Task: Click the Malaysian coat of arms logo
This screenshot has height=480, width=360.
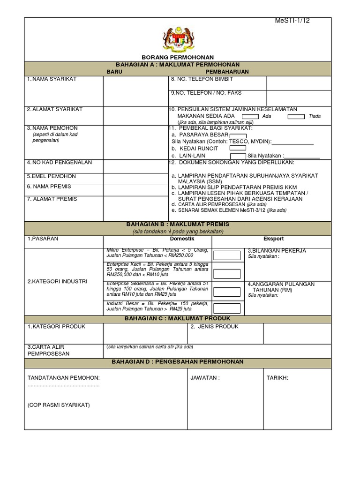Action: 178,39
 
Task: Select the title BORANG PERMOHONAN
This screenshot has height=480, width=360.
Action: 178,57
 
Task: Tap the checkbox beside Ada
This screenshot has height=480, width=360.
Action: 250,116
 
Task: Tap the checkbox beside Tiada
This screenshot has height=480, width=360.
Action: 296,116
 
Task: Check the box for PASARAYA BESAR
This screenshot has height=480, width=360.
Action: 238,135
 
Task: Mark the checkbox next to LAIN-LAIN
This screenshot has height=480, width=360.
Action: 238,156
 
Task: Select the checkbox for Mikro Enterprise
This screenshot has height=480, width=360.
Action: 227,255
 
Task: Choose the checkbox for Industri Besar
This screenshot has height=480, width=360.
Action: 227,308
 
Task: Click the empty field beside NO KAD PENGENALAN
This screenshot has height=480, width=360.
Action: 135,166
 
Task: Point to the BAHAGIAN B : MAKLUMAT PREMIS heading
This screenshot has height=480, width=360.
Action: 178,225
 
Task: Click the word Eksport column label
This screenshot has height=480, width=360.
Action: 273,239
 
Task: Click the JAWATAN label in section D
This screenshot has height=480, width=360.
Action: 205,377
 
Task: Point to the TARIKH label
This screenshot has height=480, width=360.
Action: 277,377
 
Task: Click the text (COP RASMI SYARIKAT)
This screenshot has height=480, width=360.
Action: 59,405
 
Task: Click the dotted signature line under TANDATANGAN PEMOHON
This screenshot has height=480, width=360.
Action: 64,385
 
